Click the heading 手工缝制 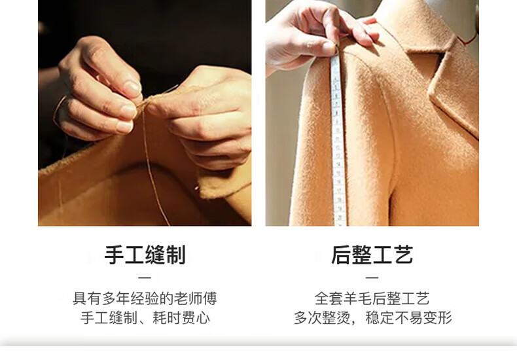(x=145, y=255)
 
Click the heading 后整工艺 (x=372, y=255)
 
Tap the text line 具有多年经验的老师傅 (x=145, y=298)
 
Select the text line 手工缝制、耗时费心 (x=145, y=318)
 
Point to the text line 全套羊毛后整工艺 (x=372, y=298)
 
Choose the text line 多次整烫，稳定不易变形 (x=372, y=318)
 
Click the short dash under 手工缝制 (x=145, y=278)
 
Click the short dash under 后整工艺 (x=372, y=278)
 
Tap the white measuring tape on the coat (x=338, y=142)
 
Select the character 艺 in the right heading (x=403, y=255)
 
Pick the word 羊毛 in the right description (x=357, y=298)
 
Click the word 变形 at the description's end (x=438, y=318)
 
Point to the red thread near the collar (x=470, y=39)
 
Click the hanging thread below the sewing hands (x=154, y=171)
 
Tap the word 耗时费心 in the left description (x=181, y=318)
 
